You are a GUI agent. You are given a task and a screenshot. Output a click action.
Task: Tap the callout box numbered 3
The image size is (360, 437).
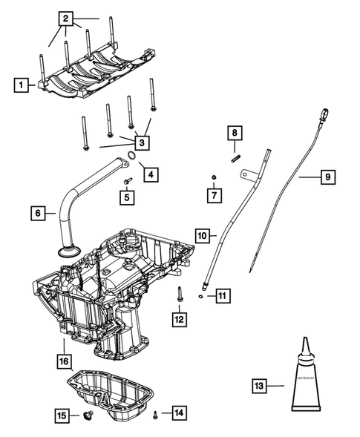coord(142,142)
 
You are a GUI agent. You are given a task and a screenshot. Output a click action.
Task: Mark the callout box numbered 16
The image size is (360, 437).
coord(65,361)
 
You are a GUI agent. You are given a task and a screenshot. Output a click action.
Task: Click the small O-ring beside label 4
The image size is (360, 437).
coord(131,157)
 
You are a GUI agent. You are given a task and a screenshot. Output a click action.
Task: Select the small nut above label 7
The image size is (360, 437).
coord(214,177)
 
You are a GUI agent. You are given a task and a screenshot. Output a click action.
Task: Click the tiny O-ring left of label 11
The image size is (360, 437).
coord(202,297)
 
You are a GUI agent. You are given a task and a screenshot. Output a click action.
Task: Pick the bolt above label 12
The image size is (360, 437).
coord(179,294)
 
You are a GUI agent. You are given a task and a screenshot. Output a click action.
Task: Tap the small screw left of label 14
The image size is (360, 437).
coord(155,413)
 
